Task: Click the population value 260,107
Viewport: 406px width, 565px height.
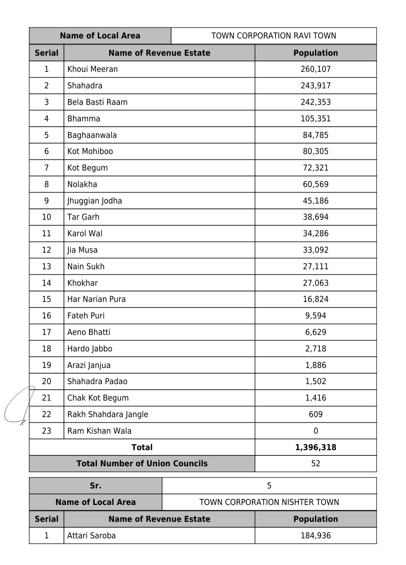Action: coord(315,69)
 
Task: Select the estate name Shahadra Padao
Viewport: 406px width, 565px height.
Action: coord(97,381)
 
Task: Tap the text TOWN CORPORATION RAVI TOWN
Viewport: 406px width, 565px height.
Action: coord(274,36)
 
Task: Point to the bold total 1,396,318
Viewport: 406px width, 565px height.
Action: coord(315,447)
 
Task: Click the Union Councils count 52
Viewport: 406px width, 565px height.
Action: coord(315,464)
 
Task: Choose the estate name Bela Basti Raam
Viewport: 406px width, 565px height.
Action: coord(97,102)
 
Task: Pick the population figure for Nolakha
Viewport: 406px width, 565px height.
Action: coord(315,184)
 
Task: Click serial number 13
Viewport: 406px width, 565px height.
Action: coord(46,267)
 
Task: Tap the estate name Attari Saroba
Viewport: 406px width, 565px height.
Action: coord(91,536)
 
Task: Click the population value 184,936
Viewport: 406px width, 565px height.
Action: coord(315,536)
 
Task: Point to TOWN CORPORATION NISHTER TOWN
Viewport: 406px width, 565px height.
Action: coord(269,502)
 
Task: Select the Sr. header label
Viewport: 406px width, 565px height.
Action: coord(95,486)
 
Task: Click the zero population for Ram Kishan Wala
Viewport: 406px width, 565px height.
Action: coord(315,431)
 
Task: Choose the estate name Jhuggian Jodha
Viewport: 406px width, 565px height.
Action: coord(94,201)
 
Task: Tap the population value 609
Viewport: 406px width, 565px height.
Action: coord(315,414)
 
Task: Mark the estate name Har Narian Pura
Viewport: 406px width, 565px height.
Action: coord(96,299)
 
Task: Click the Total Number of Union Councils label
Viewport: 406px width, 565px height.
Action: coord(142,464)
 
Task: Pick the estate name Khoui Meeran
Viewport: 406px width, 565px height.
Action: coord(92,69)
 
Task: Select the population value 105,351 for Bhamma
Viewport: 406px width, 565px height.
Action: coord(315,119)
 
